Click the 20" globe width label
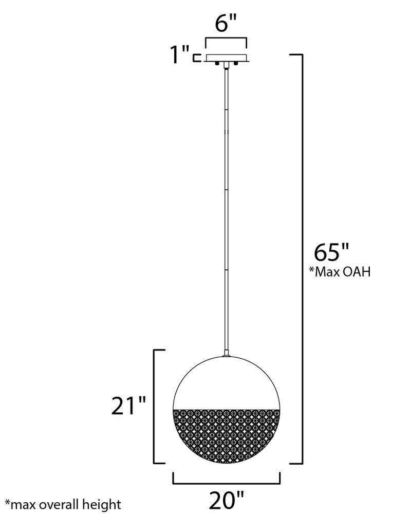[x=227, y=500]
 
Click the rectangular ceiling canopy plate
[x=226, y=58]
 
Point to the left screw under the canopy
[x=217, y=63]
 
